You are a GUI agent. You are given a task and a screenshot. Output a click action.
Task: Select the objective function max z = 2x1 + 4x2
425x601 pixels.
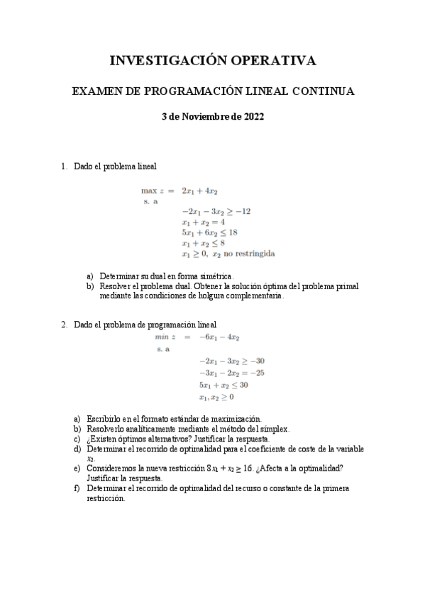coord(179,191)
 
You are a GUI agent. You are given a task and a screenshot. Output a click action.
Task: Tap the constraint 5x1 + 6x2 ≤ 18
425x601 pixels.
coord(209,232)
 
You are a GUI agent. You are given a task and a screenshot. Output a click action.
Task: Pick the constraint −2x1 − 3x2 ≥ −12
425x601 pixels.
coord(216,211)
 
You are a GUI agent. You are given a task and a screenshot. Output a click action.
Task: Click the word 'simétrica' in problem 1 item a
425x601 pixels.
coord(214,276)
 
